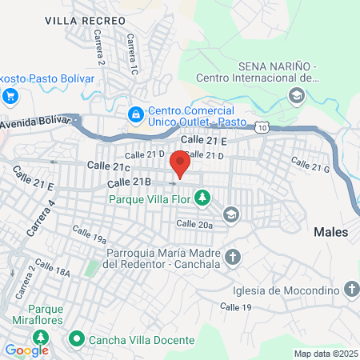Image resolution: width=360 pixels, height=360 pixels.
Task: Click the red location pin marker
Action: click(x=180, y=164)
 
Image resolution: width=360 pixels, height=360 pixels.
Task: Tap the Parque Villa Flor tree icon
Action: click(x=203, y=196)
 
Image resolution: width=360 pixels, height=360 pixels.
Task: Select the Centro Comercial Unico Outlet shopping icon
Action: click(x=136, y=115)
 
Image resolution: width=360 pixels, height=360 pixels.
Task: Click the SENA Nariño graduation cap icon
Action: click(x=297, y=96)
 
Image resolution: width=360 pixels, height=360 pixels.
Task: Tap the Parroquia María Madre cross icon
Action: click(x=233, y=257)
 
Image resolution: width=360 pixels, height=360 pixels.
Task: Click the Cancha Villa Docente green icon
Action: click(x=78, y=340)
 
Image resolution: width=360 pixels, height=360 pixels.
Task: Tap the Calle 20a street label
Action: click(x=194, y=226)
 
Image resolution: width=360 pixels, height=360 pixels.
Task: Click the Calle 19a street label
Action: click(x=89, y=234)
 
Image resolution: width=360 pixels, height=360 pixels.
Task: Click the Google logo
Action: click(x=26, y=350)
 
